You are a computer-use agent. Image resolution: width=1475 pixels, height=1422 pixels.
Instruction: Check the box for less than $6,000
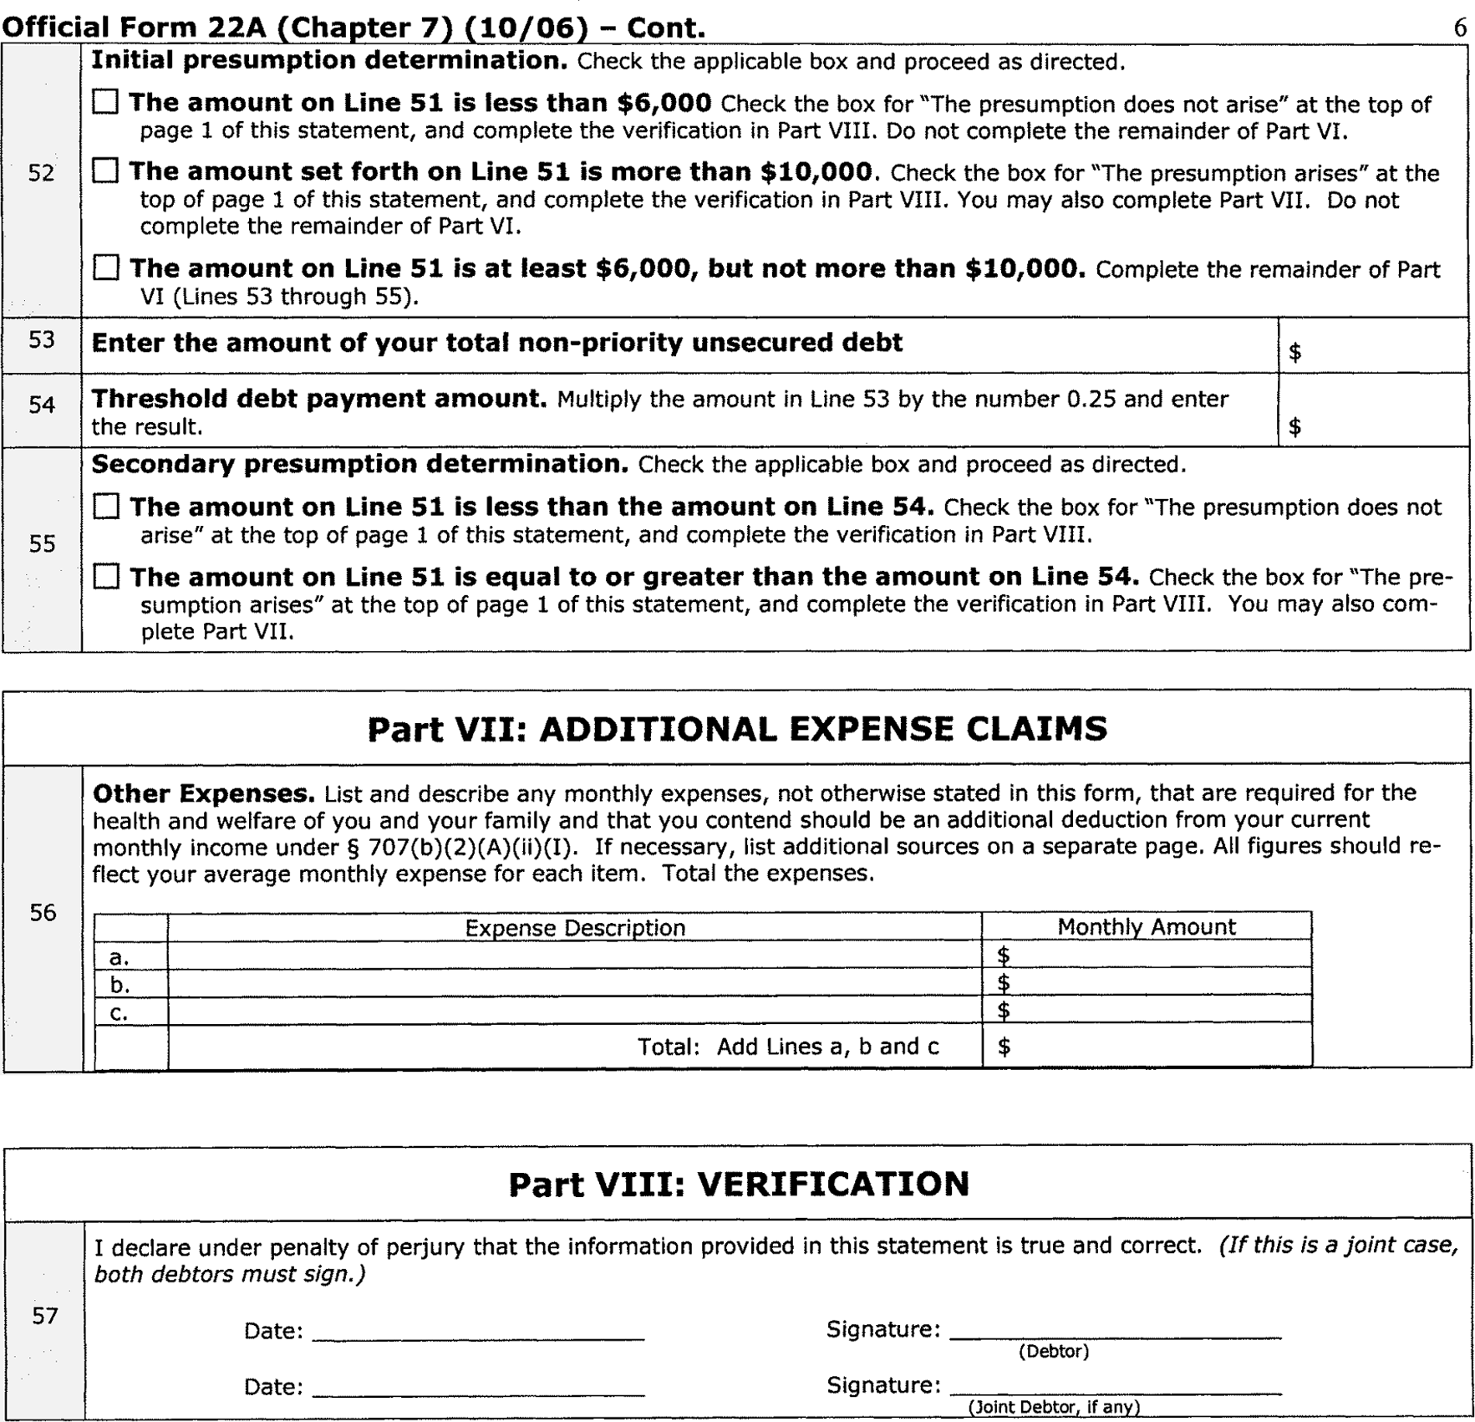[x=105, y=103]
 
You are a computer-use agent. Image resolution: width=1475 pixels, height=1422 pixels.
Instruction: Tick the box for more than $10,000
[x=105, y=171]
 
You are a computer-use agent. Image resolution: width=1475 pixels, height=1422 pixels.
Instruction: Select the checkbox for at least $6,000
[x=106, y=268]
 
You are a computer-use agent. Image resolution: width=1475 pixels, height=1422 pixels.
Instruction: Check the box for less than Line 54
[x=106, y=507]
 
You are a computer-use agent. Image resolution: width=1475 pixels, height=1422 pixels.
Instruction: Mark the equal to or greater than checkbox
[x=106, y=577]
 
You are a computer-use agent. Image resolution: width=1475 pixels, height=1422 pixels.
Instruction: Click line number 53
[x=42, y=340]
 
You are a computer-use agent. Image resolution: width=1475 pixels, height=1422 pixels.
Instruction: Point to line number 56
[x=43, y=913]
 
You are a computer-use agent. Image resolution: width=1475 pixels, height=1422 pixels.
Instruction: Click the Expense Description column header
[x=575, y=928]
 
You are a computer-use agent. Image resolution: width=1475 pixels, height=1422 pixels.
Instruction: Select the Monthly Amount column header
[x=1146, y=927]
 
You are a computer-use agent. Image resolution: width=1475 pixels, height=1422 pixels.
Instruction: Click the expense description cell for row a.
[x=575, y=956]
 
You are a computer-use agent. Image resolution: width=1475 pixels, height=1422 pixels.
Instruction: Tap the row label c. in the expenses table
[x=120, y=1012]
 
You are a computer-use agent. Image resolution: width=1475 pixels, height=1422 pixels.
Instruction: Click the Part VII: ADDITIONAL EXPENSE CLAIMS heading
[x=737, y=729]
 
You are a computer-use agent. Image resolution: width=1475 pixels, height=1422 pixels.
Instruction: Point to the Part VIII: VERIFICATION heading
[x=739, y=1184]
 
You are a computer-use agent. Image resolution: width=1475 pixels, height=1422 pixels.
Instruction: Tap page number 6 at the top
[x=1459, y=28]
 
